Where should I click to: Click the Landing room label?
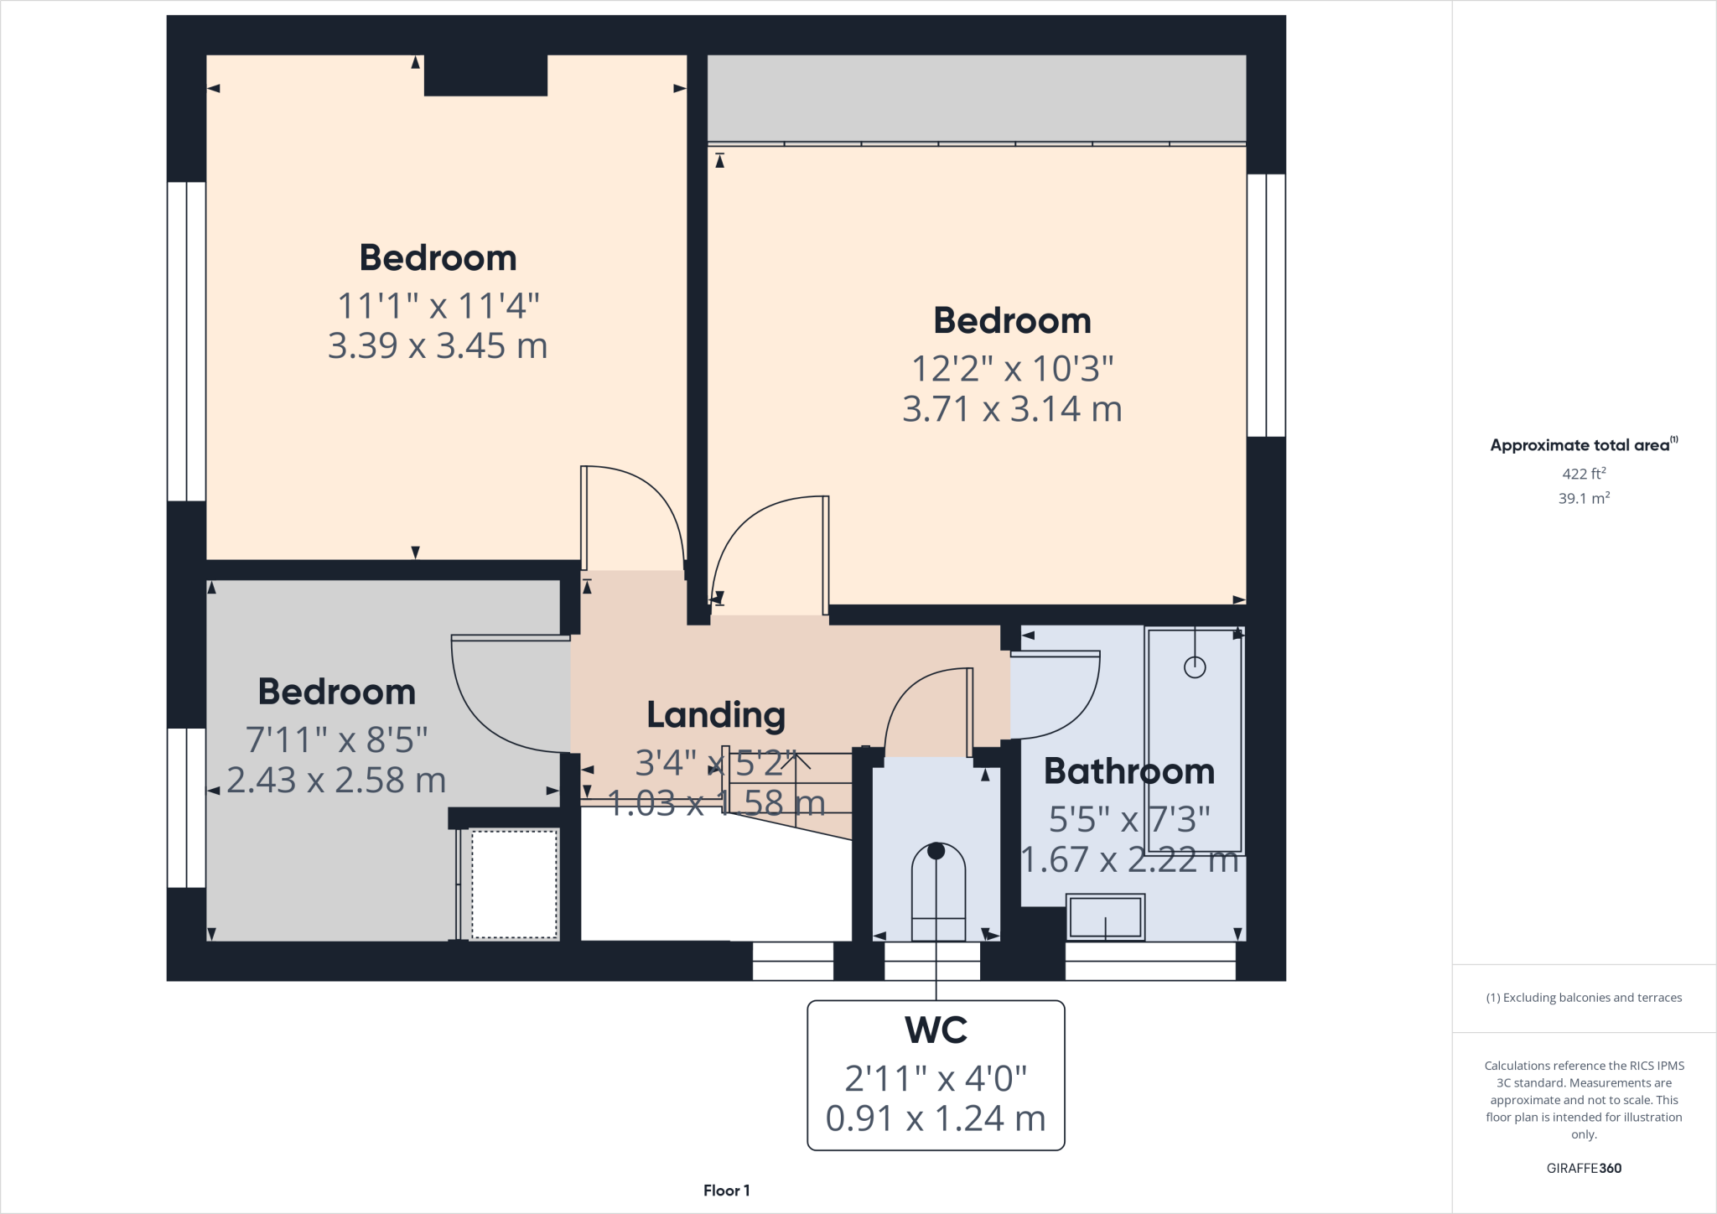(716, 715)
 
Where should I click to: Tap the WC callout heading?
(936, 1030)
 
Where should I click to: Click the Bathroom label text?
(1128, 771)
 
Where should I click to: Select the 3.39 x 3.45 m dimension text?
(438, 346)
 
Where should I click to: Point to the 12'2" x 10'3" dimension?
(1012, 369)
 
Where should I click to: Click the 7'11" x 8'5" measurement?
(336, 740)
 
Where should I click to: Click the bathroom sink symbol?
(1105, 916)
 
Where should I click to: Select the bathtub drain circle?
(1195, 667)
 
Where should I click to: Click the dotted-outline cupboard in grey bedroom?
(514, 884)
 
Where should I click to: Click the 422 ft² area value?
(1584, 474)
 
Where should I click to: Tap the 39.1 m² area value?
(1584, 499)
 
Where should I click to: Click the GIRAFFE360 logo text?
(1584, 1168)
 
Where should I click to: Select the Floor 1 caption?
(726, 1191)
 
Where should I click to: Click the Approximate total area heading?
(1580, 445)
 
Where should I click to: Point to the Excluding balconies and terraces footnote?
(1584, 998)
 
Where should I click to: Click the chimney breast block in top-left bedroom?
(485, 75)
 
